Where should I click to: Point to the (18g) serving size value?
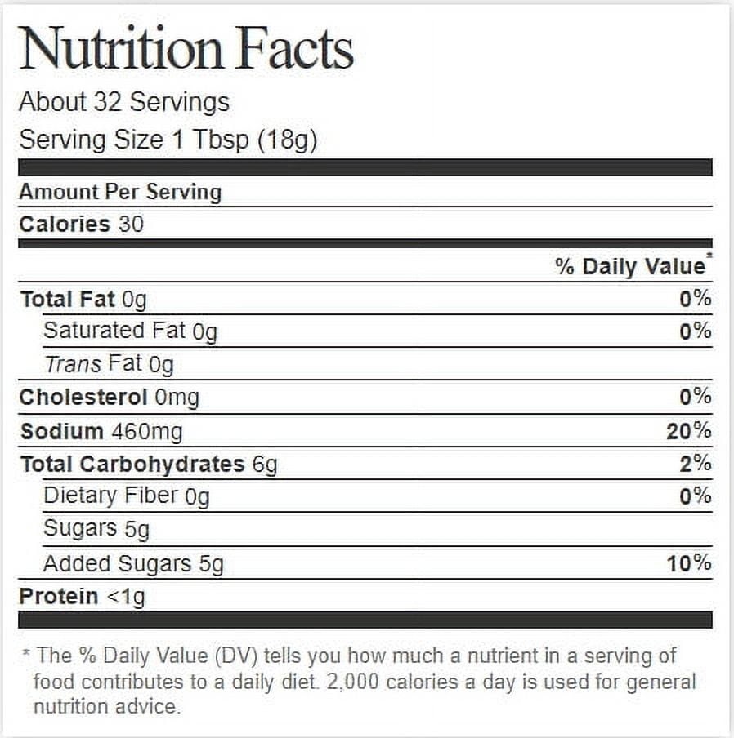pyautogui.click(x=287, y=140)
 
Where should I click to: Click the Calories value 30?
pyautogui.click(x=131, y=225)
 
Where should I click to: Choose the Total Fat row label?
pyautogui.click(x=68, y=300)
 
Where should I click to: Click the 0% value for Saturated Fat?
pyautogui.click(x=695, y=331)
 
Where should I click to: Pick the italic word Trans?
pyautogui.click(x=73, y=364)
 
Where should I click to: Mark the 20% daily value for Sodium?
pyautogui.click(x=688, y=431)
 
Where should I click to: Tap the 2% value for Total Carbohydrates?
pyautogui.click(x=695, y=464)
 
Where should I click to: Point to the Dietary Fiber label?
pyautogui.click(x=110, y=496)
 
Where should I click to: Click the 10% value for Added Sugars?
pyautogui.click(x=688, y=563)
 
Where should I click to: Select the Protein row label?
pyautogui.click(x=59, y=596)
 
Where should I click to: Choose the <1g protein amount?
pyautogui.click(x=126, y=597)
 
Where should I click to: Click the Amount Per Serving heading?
pyautogui.click(x=120, y=192)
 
